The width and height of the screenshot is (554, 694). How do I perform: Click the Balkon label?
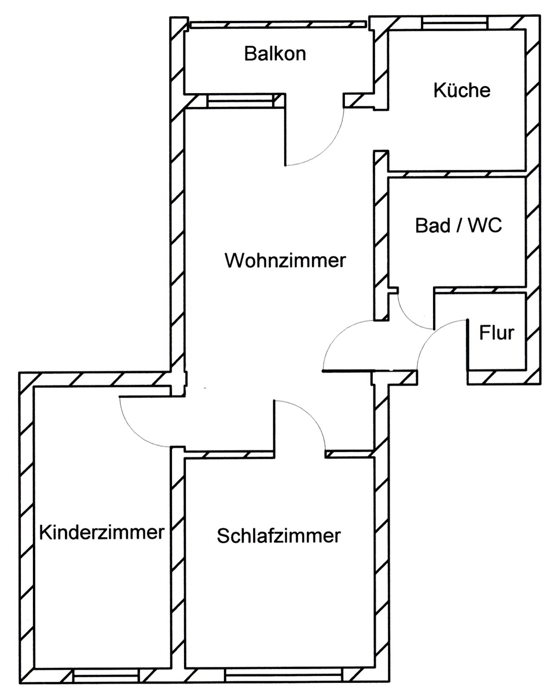[274, 54]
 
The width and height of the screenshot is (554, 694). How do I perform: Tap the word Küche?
[461, 90]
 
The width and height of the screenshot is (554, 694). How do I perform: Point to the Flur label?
[497, 333]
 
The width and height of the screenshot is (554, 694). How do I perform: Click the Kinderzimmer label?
[101, 532]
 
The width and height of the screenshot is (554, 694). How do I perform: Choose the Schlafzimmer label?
[278, 536]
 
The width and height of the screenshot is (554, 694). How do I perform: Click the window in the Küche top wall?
[455, 23]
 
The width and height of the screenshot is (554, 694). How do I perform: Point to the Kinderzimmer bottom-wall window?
[107, 674]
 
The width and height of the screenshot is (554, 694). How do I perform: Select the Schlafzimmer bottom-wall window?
[283, 674]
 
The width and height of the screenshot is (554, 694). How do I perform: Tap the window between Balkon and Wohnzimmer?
[240, 101]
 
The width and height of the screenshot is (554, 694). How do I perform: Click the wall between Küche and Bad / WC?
[457, 173]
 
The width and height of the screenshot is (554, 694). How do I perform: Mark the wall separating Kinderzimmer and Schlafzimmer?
[177, 561]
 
